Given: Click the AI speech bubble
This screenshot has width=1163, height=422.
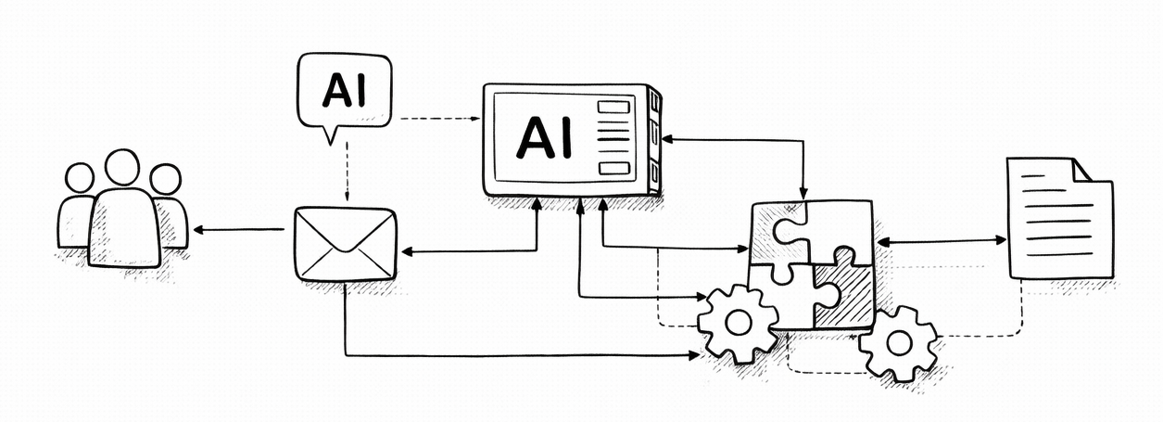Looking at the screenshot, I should (x=344, y=90).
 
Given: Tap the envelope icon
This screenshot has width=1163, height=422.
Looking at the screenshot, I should (x=345, y=244).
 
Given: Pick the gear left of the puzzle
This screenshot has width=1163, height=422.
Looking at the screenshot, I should (x=738, y=324).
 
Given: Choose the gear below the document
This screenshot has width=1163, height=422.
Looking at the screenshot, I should (x=898, y=343).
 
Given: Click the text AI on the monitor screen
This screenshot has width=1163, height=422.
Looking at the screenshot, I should (x=544, y=138).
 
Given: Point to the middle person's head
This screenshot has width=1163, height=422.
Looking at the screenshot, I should (x=122, y=168).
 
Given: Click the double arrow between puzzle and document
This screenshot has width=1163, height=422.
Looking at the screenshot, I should (x=941, y=241).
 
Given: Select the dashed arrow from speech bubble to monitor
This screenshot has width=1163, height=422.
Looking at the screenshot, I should (x=436, y=119).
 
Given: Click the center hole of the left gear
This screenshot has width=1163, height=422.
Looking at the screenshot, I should (x=738, y=324).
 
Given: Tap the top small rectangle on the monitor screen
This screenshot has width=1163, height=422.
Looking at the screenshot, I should (x=613, y=107).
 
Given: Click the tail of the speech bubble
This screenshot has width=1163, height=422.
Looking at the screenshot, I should (x=329, y=134).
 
